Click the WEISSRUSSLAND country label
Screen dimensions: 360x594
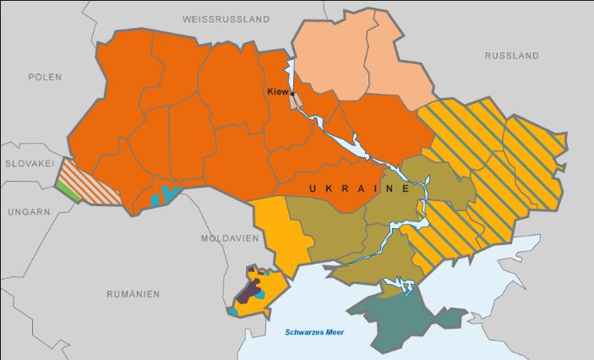point(226,19)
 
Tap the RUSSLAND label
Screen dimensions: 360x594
point(511,56)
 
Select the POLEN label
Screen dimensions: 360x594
point(46,76)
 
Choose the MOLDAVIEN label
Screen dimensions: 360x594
point(228,238)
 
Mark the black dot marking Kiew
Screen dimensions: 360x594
point(292,94)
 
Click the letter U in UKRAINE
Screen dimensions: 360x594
point(313,188)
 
